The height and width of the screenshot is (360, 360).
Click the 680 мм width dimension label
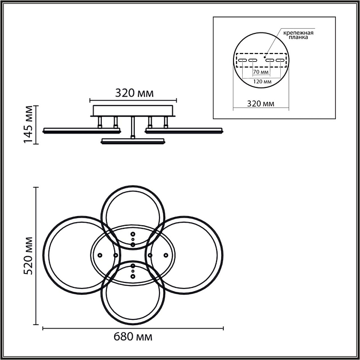coord(133,337)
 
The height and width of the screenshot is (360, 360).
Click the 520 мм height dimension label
coord(29,256)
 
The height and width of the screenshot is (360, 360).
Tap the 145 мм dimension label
coord(29,124)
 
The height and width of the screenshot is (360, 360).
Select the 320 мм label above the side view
coord(134,93)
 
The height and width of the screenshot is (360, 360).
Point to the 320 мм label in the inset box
coord(261,104)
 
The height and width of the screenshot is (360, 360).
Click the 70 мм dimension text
coord(261,72)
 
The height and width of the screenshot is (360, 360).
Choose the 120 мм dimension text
coord(262,81)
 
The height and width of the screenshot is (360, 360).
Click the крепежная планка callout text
coord(298,35)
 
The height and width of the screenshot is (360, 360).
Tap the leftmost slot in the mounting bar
coord(242,60)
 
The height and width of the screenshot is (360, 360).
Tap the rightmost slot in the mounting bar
coord(280,60)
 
